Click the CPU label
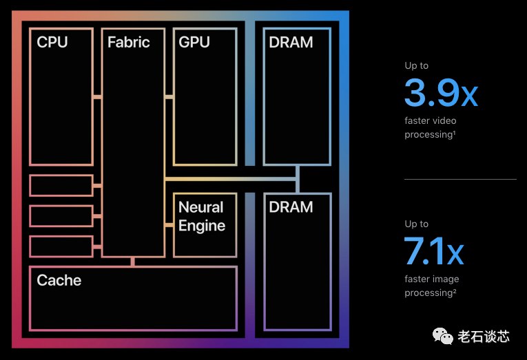tap(52, 43)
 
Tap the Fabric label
tap(128, 43)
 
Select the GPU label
tap(194, 43)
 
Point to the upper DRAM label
tap(291, 43)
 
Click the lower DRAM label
tap(291, 207)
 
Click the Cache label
tap(59, 280)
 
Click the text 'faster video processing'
tap(430, 128)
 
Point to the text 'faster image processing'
tap(431, 286)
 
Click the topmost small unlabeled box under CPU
tap(61, 186)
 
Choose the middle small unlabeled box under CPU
tap(61, 215)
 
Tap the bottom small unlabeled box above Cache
tap(61, 246)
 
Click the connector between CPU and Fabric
tap(97, 97)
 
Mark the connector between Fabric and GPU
tap(169, 97)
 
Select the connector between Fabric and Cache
tap(133, 262)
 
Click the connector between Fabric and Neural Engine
tap(169, 224)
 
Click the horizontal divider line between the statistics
tap(459, 179)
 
